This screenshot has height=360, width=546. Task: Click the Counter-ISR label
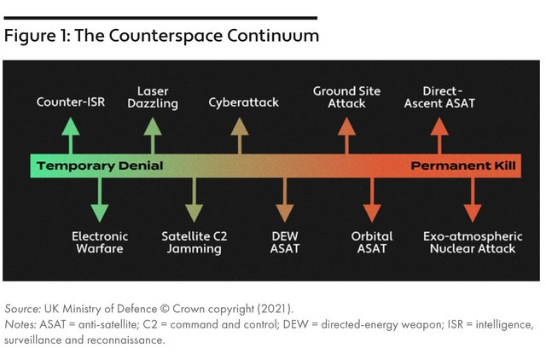pyautogui.click(x=71, y=102)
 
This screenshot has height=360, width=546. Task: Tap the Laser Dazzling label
pyautogui.click(x=153, y=97)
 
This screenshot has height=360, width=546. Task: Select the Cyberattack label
pyautogui.click(x=244, y=102)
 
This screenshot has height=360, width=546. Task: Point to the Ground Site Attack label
pyautogui.click(x=346, y=97)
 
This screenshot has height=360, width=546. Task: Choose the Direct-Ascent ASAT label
pyautogui.click(x=439, y=97)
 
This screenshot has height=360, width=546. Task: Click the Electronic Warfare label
pyautogui.click(x=100, y=242)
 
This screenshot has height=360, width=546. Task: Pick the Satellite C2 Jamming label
pyautogui.click(x=195, y=242)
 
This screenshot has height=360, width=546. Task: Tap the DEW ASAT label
pyautogui.click(x=285, y=242)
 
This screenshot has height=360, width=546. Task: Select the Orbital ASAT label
pyautogui.click(x=372, y=242)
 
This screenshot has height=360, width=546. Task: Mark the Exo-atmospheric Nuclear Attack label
pyautogui.click(x=473, y=242)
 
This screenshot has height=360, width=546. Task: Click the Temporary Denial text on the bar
pyautogui.click(x=100, y=166)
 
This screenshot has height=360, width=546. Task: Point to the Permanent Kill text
pyautogui.click(x=463, y=165)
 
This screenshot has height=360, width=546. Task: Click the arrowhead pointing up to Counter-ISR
pyautogui.click(x=71, y=126)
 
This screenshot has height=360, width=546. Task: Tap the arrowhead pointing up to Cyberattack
pyautogui.click(x=240, y=126)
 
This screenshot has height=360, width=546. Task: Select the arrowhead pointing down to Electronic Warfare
pyautogui.click(x=100, y=213)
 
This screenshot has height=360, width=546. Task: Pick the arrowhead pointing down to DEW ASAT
pyautogui.click(x=285, y=213)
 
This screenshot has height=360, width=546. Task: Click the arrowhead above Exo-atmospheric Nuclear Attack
pyautogui.click(x=473, y=213)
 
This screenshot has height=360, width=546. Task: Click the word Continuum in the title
pyautogui.click(x=273, y=36)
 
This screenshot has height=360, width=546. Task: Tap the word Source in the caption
pyautogui.click(x=23, y=309)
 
